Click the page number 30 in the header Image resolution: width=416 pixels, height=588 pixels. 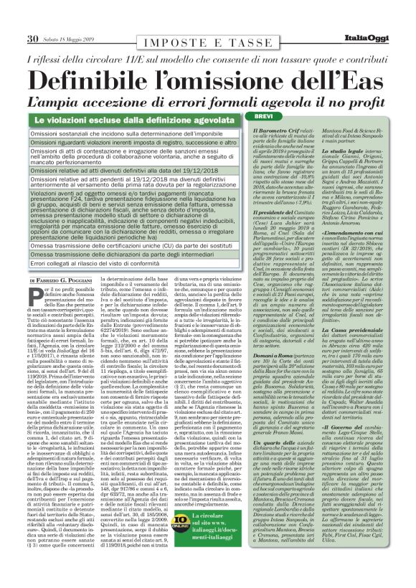[33, 38]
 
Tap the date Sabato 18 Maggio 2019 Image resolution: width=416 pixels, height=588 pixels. [65, 39]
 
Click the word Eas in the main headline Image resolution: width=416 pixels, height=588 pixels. [351, 78]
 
